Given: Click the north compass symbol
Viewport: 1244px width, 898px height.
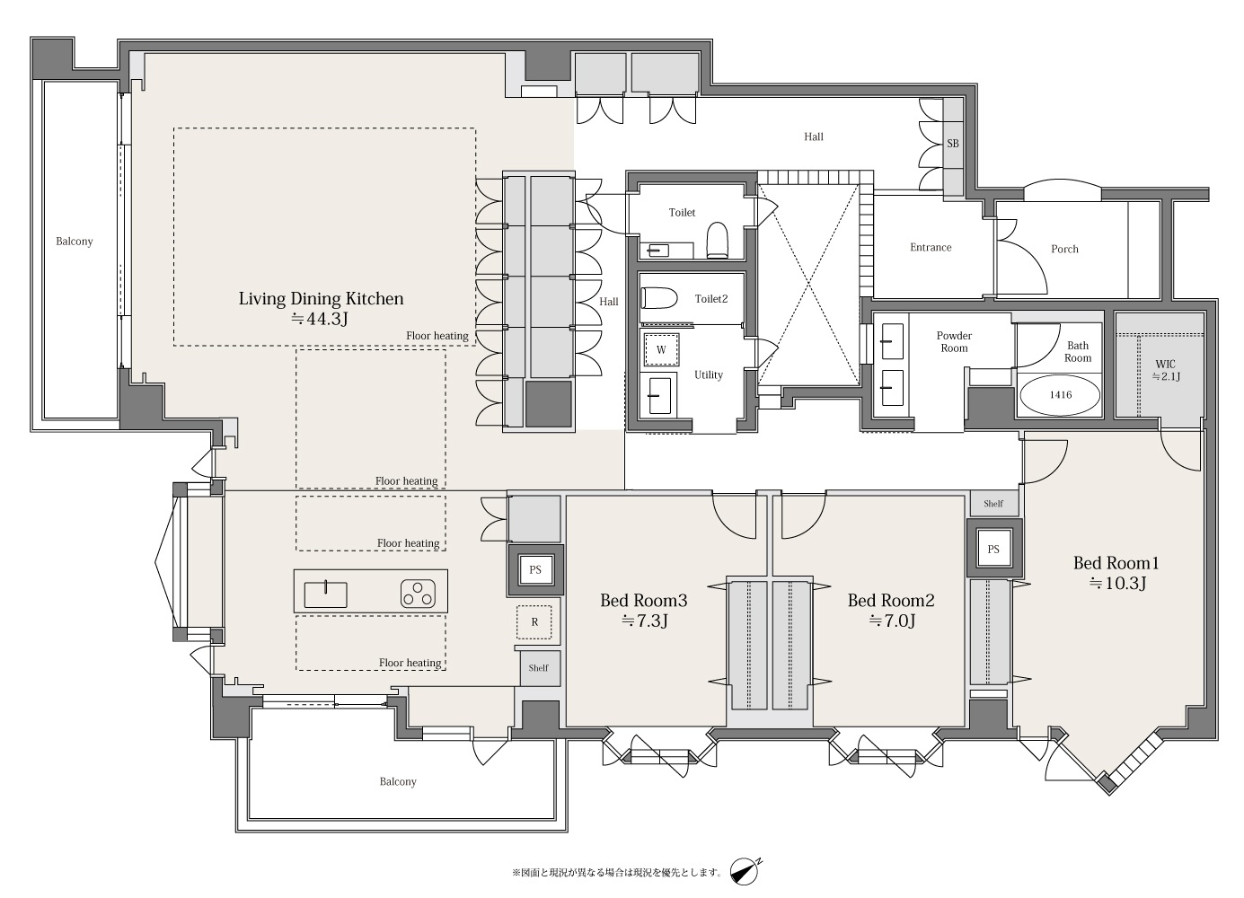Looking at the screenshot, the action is tap(745, 871).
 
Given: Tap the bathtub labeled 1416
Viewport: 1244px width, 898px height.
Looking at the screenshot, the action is tap(1060, 395).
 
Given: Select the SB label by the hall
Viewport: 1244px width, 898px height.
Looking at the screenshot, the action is tap(952, 144).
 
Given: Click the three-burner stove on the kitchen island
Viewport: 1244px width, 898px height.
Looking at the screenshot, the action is tap(418, 594).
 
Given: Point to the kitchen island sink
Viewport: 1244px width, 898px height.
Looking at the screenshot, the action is tap(326, 594).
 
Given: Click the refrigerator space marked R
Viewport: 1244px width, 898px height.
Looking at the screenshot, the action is tap(534, 622).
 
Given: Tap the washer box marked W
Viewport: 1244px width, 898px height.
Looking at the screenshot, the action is tap(661, 350).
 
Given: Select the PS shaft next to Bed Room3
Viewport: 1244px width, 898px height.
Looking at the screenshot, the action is tap(534, 570).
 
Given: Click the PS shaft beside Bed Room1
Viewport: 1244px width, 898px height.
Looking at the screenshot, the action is tap(993, 549).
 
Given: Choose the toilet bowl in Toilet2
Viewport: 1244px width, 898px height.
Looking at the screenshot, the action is tap(659, 298).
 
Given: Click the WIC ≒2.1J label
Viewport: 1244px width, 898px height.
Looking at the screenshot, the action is tap(1165, 370).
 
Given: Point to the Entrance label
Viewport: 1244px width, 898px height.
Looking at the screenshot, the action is tap(931, 248).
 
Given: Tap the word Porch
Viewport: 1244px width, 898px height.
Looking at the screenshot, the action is tap(1064, 250).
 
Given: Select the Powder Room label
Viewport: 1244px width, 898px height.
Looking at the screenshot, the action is tap(954, 342).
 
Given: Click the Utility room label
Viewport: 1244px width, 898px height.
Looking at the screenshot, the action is tap(709, 374).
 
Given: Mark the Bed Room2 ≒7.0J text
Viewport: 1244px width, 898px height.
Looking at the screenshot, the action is tap(891, 610).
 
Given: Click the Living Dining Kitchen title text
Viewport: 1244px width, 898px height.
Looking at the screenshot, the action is tap(321, 299).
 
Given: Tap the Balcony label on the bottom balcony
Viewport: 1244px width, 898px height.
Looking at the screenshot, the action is tap(398, 782).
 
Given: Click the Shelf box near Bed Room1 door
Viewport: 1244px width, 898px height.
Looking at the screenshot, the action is tap(994, 504).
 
